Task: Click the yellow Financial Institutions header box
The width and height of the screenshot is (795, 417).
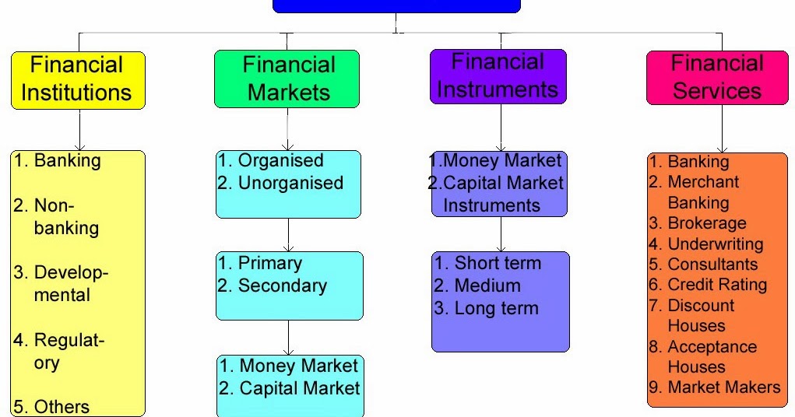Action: tap(77, 79)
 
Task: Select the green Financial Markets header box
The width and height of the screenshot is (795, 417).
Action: tap(288, 79)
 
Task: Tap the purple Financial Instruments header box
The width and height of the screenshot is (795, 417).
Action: tap(498, 76)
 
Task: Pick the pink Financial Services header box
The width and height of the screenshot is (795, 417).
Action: tap(716, 77)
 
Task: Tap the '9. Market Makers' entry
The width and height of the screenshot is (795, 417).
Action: tap(714, 387)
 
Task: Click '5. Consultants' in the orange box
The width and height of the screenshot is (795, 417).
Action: tap(702, 265)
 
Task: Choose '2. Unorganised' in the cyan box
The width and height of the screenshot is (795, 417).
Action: tap(280, 183)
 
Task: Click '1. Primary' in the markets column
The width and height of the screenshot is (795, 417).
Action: tap(259, 263)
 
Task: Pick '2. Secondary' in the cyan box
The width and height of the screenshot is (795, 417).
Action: tap(273, 286)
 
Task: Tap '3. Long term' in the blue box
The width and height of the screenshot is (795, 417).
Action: tap(487, 308)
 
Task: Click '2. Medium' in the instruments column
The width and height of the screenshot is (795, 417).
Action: tap(477, 286)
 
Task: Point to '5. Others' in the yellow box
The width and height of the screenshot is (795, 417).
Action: tap(51, 407)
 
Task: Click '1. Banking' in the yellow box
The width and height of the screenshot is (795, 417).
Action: tap(57, 162)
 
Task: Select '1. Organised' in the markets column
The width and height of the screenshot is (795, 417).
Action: tap(270, 161)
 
